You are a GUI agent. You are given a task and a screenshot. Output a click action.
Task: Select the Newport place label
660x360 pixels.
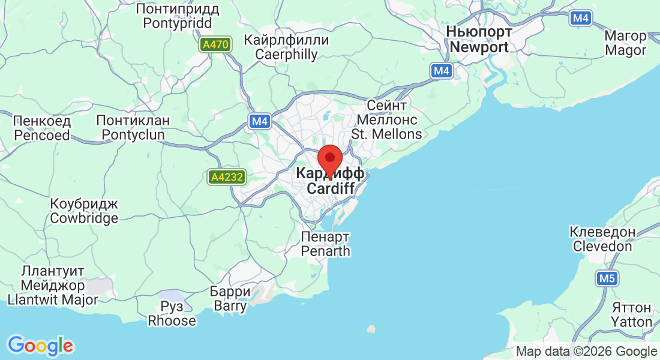[479, 40]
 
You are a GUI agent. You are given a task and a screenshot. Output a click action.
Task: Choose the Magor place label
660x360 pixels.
[625, 43]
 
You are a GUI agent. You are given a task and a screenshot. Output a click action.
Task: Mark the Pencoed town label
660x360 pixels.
[41, 128]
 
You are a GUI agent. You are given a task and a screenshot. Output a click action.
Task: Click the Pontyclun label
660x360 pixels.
[133, 128]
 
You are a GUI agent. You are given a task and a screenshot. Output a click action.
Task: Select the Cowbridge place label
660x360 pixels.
[84, 211]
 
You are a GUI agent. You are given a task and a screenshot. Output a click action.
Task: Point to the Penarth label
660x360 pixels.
[326, 243]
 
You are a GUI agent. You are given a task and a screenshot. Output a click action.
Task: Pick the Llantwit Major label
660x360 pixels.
[52, 284]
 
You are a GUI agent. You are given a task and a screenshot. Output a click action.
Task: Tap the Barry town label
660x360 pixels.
[230, 299]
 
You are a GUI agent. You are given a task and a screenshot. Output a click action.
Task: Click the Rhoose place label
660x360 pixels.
[172, 313]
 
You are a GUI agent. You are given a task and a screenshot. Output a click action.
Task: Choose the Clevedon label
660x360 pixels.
[602, 239]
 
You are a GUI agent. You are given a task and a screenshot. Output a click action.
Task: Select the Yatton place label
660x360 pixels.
[632, 314]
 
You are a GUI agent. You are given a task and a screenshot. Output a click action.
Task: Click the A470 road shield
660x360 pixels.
[215, 44]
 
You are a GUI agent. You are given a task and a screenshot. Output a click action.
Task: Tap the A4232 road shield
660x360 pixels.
[227, 177]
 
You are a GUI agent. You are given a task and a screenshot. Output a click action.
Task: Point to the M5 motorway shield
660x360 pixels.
[607, 278]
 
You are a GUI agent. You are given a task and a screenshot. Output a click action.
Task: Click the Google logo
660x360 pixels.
[40, 345]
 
